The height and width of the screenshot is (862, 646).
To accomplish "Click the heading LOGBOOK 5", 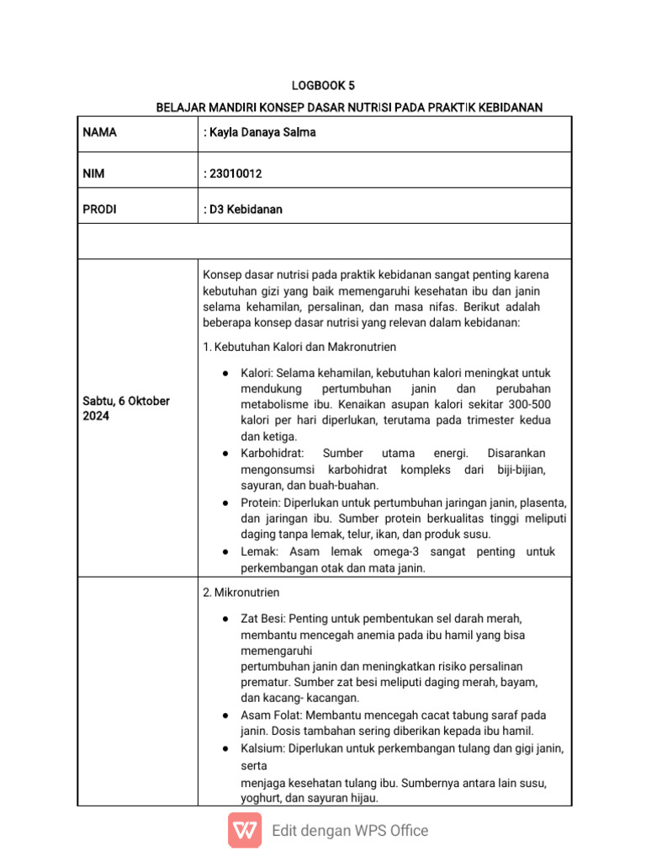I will click(323, 86).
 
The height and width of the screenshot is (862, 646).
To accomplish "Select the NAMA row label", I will click(100, 133).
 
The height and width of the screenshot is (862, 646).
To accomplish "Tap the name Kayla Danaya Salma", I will click(260, 133).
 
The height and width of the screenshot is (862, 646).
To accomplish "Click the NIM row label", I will click(93, 173).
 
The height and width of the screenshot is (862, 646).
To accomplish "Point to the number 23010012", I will click(236, 173).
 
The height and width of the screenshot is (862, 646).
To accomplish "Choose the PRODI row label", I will click(99, 210).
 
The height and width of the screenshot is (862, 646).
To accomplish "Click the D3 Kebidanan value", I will click(244, 210).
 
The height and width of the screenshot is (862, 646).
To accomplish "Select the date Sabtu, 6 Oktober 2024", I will click(125, 408).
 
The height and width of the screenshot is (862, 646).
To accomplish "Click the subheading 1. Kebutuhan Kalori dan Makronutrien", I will click(299, 347).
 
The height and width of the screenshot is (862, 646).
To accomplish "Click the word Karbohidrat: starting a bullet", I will click(273, 454).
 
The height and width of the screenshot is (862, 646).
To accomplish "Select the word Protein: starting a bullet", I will click(262, 503).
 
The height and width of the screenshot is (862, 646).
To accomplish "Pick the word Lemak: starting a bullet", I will click(261, 552).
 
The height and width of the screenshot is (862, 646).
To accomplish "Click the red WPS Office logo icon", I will click(245, 831).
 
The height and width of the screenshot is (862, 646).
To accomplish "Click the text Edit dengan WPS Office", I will click(350, 831).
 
